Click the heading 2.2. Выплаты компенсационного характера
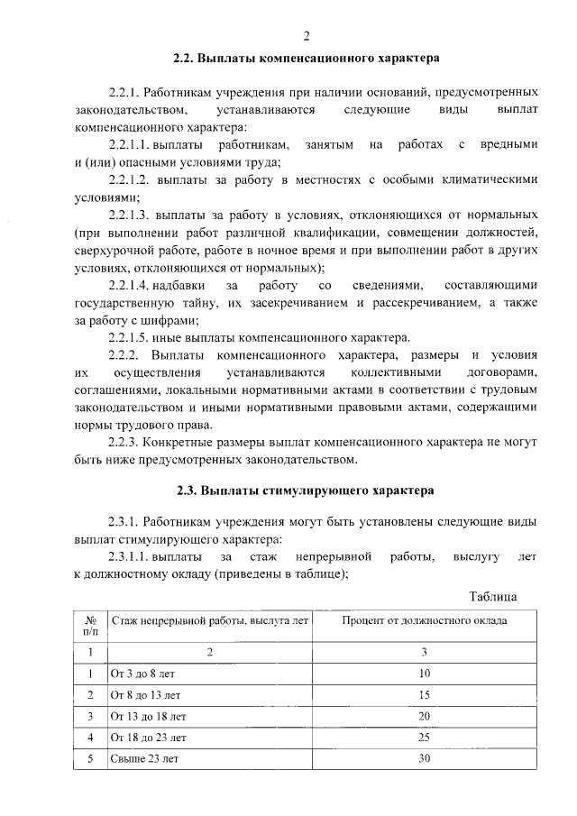click(x=307, y=58)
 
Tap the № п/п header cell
click(x=90, y=627)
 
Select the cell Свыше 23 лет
click(x=143, y=759)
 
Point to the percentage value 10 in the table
click(x=425, y=673)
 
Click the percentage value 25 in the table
click(x=425, y=738)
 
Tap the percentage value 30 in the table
click(x=425, y=759)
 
